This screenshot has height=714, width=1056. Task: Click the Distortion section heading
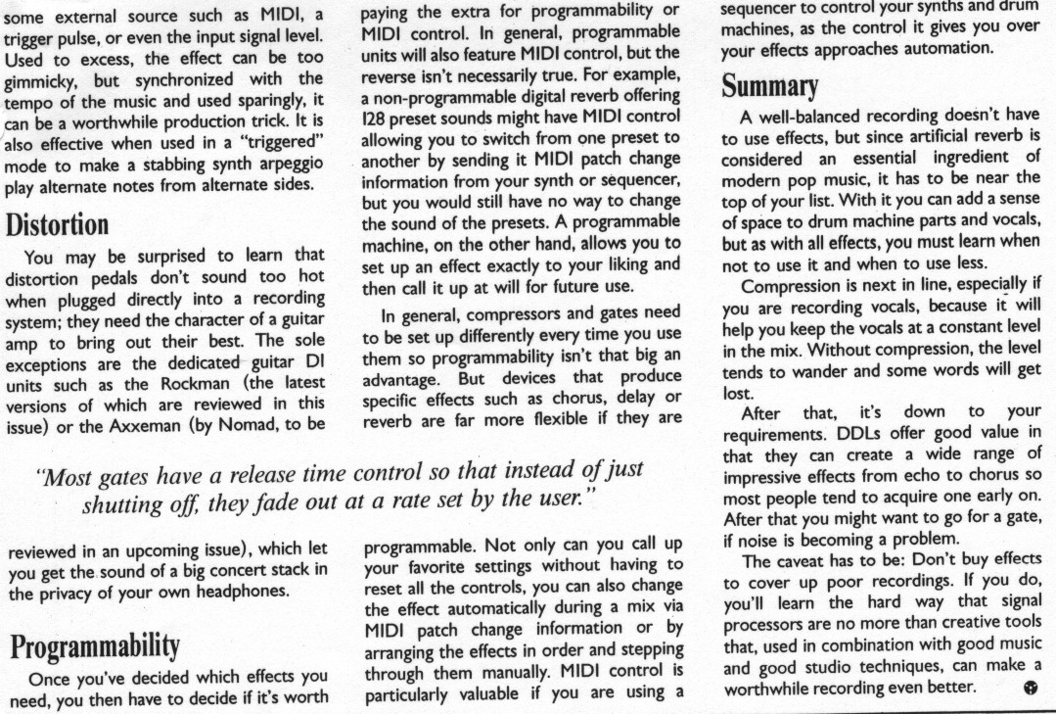[58, 224]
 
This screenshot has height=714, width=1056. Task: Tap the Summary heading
[769, 87]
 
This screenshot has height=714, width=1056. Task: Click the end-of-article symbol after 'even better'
[1028, 688]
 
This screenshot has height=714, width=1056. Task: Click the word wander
[810, 373]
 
